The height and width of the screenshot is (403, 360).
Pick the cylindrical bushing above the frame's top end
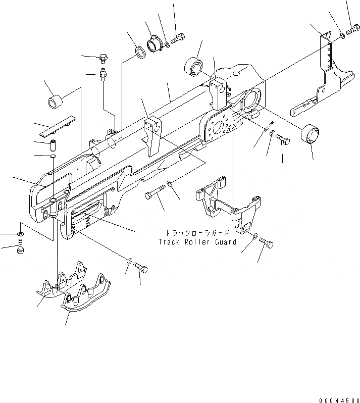[194, 66]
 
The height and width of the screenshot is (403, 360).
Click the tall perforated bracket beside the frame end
[326, 71]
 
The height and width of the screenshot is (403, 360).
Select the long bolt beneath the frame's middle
[155, 193]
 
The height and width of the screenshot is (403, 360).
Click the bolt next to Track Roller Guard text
[266, 244]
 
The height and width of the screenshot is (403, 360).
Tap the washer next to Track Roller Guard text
[255, 236]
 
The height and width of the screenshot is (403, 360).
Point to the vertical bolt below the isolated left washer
[20, 247]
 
